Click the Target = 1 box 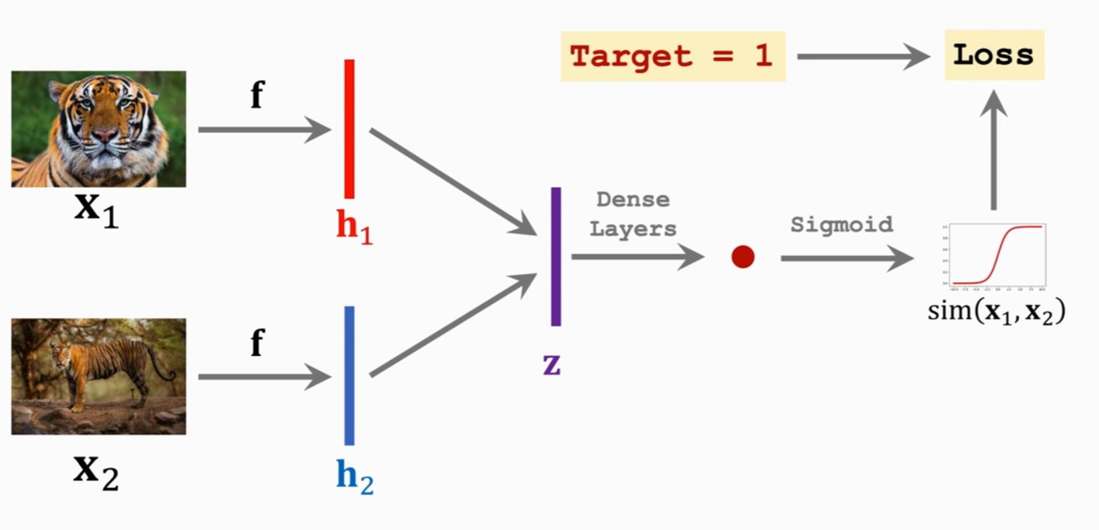tap(672, 57)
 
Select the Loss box tap(994, 55)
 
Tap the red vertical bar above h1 tap(349, 129)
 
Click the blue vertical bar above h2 tap(349, 375)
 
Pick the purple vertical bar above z tap(556, 257)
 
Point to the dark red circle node tap(743, 257)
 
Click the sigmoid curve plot tap(996, 255)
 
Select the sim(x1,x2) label tap(996, 311)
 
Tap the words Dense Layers tap(633, 214)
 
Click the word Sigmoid tap(841, 224)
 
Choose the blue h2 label tap(354, 476)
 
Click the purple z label tap(551, 364)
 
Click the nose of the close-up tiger tap(105, 136)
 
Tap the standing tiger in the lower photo tap(102, 367)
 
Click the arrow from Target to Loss tap(862, 57)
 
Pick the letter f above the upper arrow tap(257, 94)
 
